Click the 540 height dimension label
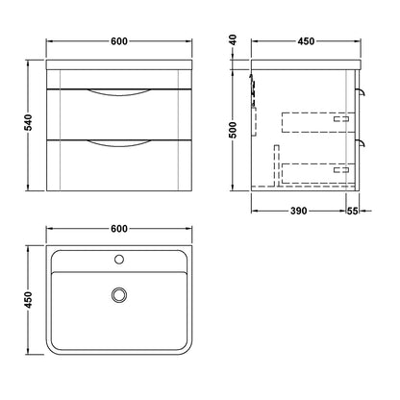[29, 122]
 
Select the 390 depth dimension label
[298, 211]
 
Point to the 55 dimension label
[352, 211]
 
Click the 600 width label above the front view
[119, 41]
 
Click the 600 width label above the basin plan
[119, 229]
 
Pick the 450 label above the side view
[306, 41]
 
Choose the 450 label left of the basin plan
[29, 300]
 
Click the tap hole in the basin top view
[119, 259]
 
